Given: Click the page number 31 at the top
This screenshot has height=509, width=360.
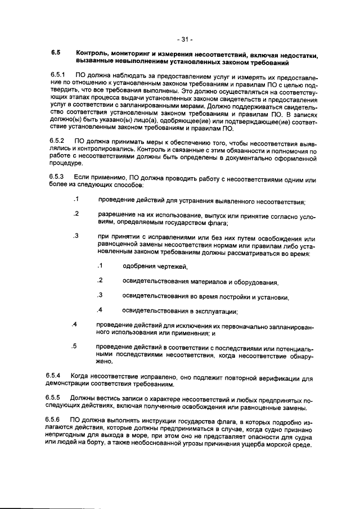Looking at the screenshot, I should [184, 39].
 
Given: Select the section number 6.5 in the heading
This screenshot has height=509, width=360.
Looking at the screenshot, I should [55, 53].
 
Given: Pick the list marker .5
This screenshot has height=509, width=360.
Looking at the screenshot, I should [74, 346].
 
